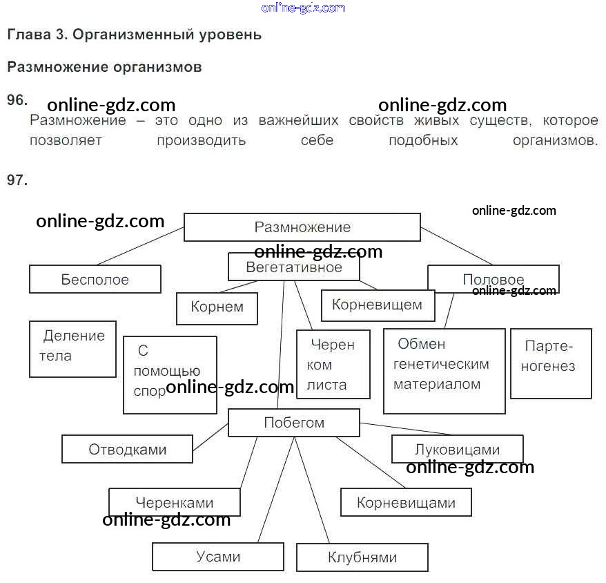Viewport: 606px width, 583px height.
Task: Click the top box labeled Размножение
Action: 302,227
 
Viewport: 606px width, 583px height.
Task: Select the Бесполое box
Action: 95,279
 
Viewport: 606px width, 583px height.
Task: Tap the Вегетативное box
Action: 294,267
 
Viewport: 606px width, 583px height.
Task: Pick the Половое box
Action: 493,279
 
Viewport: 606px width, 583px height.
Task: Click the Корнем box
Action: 217,308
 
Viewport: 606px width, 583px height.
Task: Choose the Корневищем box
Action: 378,305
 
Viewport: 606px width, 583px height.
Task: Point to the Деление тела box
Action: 72,349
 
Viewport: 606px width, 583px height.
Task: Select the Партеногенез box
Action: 551,363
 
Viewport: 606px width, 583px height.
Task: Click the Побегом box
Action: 294,423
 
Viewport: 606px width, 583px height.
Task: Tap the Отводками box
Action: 127,449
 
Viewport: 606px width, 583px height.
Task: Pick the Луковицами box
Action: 458,449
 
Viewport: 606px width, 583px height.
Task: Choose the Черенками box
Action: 175,502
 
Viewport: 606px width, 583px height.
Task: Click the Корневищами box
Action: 406,502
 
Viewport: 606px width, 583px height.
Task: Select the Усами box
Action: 218,557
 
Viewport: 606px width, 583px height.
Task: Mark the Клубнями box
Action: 362,557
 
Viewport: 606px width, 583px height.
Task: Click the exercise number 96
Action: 17,99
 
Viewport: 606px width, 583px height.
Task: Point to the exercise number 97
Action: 17,180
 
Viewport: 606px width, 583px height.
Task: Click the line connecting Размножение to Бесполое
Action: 141,246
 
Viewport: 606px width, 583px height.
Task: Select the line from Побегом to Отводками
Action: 211,437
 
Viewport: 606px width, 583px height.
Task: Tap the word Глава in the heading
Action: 29,35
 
